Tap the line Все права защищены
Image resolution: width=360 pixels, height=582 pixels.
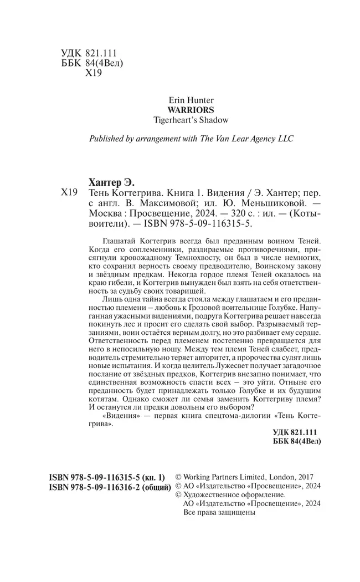tap(219, 513)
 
